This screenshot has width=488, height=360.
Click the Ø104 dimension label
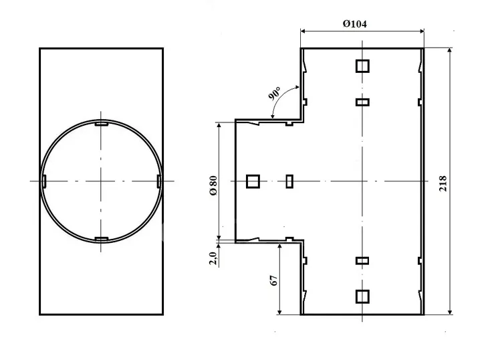pyautogui.click(x=354, y=23)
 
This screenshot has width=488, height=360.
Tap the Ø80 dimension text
pyautogui.click(x=213, y=185)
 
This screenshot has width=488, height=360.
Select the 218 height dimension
pyautogui.click(x=443, y=183)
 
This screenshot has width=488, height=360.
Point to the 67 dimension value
pyautogui.click(x=274, y=280)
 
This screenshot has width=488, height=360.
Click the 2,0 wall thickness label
pyautogui.click(x=213, y=258)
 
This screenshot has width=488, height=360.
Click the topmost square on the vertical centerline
pyautogui.click(x=362, y=66)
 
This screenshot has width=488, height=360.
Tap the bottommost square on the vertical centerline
pyautogui.click(x=362, y=296)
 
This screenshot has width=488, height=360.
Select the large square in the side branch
pyautogui.click(x=253, y=181)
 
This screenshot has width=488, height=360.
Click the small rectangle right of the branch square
pyautogui.click(x=289, y=181)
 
